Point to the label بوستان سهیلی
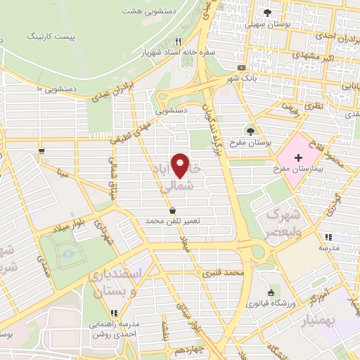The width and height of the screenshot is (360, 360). pos(267,24)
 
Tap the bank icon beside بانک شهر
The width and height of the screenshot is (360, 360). pos(241,68)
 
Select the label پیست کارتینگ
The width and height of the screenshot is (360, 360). pos(49,34)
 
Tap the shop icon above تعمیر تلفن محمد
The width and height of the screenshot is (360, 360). pos(173,210)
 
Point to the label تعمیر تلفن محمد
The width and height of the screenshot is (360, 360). pos(173,221)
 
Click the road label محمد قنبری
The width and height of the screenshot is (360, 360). pos(225,271)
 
